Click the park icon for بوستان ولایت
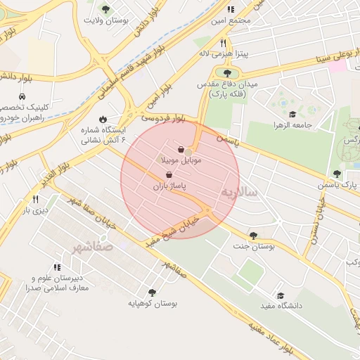[x=105, y=9]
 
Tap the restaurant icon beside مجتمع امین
[x=230, y=9]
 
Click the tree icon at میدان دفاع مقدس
[x=226, y=72]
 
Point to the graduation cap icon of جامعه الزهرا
[x=292, y=115]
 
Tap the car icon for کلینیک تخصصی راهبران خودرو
[x=23, y=96]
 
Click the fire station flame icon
[x=104, y=120]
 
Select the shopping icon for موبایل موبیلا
[x=182, y=150]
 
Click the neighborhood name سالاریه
[x=239, y=191]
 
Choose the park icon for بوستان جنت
[x=253, y=236]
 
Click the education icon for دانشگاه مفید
[x=281, y=295]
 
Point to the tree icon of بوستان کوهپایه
[x=152, y=292]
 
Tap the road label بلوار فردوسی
[x=162, y=119]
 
